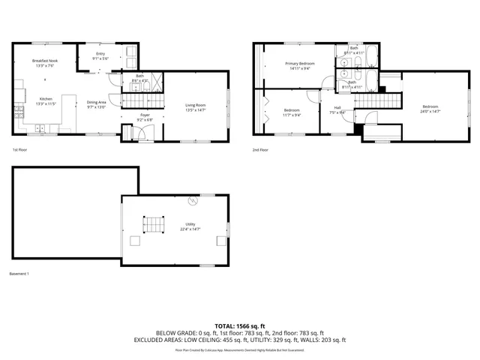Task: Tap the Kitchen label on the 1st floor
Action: pos(45,99)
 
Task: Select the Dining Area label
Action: pos(97,102)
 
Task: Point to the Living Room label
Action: pos(195,105)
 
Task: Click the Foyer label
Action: pos(145,115)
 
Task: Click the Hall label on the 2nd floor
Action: pos(337,107)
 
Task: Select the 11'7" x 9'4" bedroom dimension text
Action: pos(292,115)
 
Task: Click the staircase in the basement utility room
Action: pos(154,225)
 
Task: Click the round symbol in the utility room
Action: pos(193,201)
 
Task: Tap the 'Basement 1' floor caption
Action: pos(19,274)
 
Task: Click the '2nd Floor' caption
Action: pos(260,150)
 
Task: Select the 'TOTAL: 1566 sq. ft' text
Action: pos(240,325)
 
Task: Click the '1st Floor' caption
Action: pos(20,150)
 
